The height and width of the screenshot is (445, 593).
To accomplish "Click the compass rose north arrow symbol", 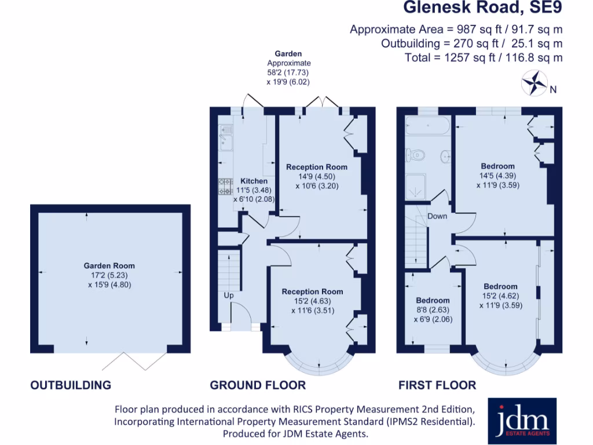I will pyautogui.click(x=534, y=82).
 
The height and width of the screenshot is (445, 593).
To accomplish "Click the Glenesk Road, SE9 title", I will pyautogui.click(x=482, y=8).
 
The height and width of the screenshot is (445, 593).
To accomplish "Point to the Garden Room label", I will pyautogui.click(x=109, y=266).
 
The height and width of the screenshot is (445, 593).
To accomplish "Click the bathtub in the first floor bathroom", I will pyautogui.click(x=426, y=126).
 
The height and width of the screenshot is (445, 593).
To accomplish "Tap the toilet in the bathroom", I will pyautogui.click(x=416, y=154).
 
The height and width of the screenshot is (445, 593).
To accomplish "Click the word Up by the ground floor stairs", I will pyautogui.click(x=229, y=296).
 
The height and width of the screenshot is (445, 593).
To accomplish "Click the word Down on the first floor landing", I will pyautogui.click(x=437, y=216).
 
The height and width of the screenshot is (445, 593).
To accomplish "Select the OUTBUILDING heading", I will pyautogui.click(x=71, y=385).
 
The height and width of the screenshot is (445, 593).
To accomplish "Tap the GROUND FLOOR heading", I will pyautogui.click(x=258, y=385).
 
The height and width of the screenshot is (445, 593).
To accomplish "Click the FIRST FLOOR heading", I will pyautogui.click(x=437, y=385).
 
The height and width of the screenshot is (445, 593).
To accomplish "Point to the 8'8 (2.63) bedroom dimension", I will pyautogui.click(x=433, y=309).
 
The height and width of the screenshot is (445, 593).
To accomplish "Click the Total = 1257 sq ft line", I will pyautogui.click(x=483, y=57).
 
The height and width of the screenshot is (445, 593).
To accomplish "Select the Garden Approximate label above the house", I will pyautogui.click(x=288, y=59).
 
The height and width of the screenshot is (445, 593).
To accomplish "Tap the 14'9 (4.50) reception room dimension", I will pyautogui.click(x=317, y=177).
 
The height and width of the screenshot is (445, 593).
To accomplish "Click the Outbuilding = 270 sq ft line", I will pyautogui.click(x=471, y=43).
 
